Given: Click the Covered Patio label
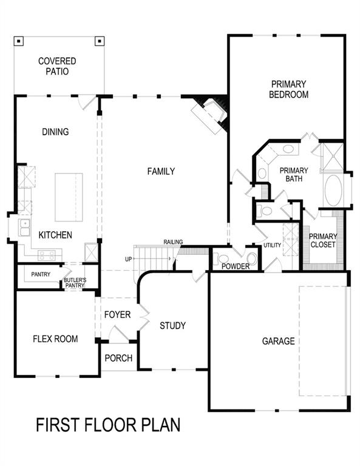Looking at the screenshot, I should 57,66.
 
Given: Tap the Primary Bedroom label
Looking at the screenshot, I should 290,89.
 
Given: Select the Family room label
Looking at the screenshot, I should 161,172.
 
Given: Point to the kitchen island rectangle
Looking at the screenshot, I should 69,197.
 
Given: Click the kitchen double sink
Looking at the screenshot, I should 25,228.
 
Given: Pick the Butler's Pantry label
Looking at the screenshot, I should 75,283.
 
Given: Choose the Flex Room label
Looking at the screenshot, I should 55,339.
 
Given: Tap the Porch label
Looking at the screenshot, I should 118,358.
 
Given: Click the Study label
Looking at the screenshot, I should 172,326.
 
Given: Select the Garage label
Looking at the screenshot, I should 278,341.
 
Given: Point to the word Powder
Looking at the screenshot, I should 235,266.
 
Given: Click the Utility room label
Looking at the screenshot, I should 272,245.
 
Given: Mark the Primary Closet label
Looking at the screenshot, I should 323,241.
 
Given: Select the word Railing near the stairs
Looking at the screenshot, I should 173,242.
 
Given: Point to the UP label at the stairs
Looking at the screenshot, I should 128,259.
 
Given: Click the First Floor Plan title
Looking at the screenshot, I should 108,424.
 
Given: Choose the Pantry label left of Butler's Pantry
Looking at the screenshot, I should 41,275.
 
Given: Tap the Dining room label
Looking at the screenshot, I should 55,132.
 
